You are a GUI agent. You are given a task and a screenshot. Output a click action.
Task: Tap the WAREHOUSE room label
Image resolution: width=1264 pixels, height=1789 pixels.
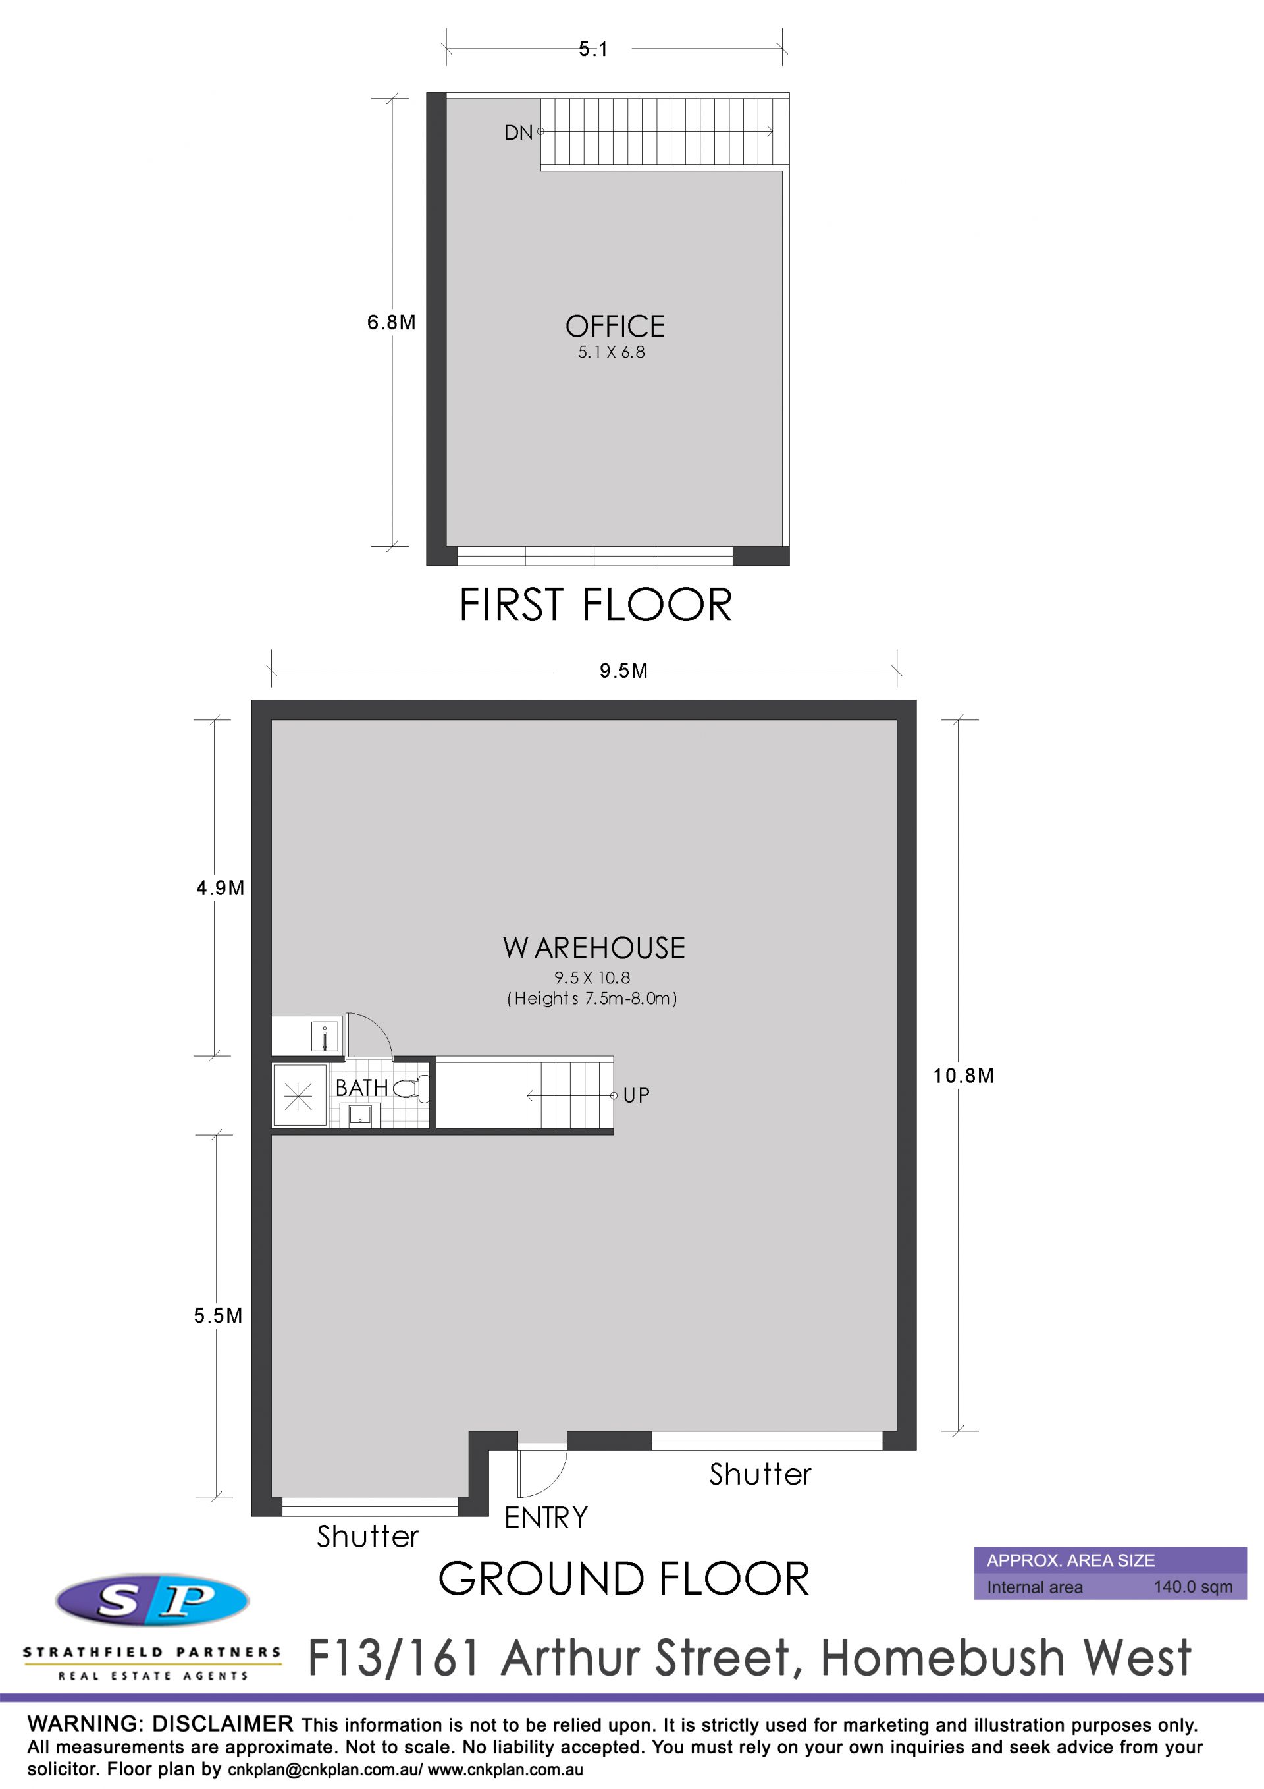tap(594, 947)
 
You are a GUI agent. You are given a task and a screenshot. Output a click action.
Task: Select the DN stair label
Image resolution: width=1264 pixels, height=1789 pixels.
tap(519, 132)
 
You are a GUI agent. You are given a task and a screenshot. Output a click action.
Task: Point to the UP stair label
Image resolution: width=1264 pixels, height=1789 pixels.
tap(637, 1095)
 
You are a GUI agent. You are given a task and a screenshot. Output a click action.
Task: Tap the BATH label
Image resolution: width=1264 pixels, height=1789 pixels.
tap(361, 1087)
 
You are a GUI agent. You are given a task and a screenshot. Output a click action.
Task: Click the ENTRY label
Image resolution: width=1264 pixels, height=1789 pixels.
tap(546, 1517)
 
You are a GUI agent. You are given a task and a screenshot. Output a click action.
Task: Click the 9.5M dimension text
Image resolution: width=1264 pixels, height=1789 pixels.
tap(623, 671)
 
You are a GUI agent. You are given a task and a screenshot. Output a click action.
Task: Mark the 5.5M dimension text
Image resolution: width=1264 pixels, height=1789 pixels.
tap(218, 1315)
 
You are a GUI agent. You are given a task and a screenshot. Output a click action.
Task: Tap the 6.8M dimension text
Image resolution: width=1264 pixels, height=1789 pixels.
tap(391, 322)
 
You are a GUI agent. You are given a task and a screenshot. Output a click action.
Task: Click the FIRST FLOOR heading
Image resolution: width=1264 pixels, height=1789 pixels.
tap(596, 605)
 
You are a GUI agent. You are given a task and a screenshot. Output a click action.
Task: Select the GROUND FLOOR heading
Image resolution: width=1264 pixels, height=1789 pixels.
tap(624, 1579)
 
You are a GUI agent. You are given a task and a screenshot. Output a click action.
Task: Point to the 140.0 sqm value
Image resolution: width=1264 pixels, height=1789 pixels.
tap(1193, 1587)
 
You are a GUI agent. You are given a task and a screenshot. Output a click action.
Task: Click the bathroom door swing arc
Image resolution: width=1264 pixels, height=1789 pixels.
tap(379, 1027)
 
